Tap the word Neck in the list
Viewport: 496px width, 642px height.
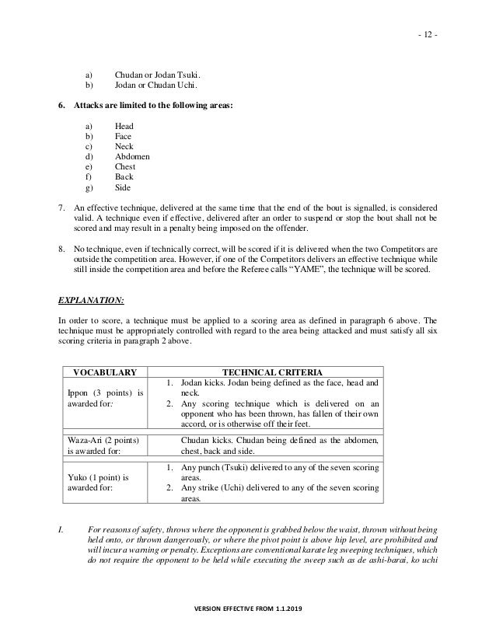124,146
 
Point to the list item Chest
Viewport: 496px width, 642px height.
124,167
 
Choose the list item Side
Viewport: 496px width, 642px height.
123,188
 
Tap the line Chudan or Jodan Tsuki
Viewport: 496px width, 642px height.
161,75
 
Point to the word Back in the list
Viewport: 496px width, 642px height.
124,177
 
